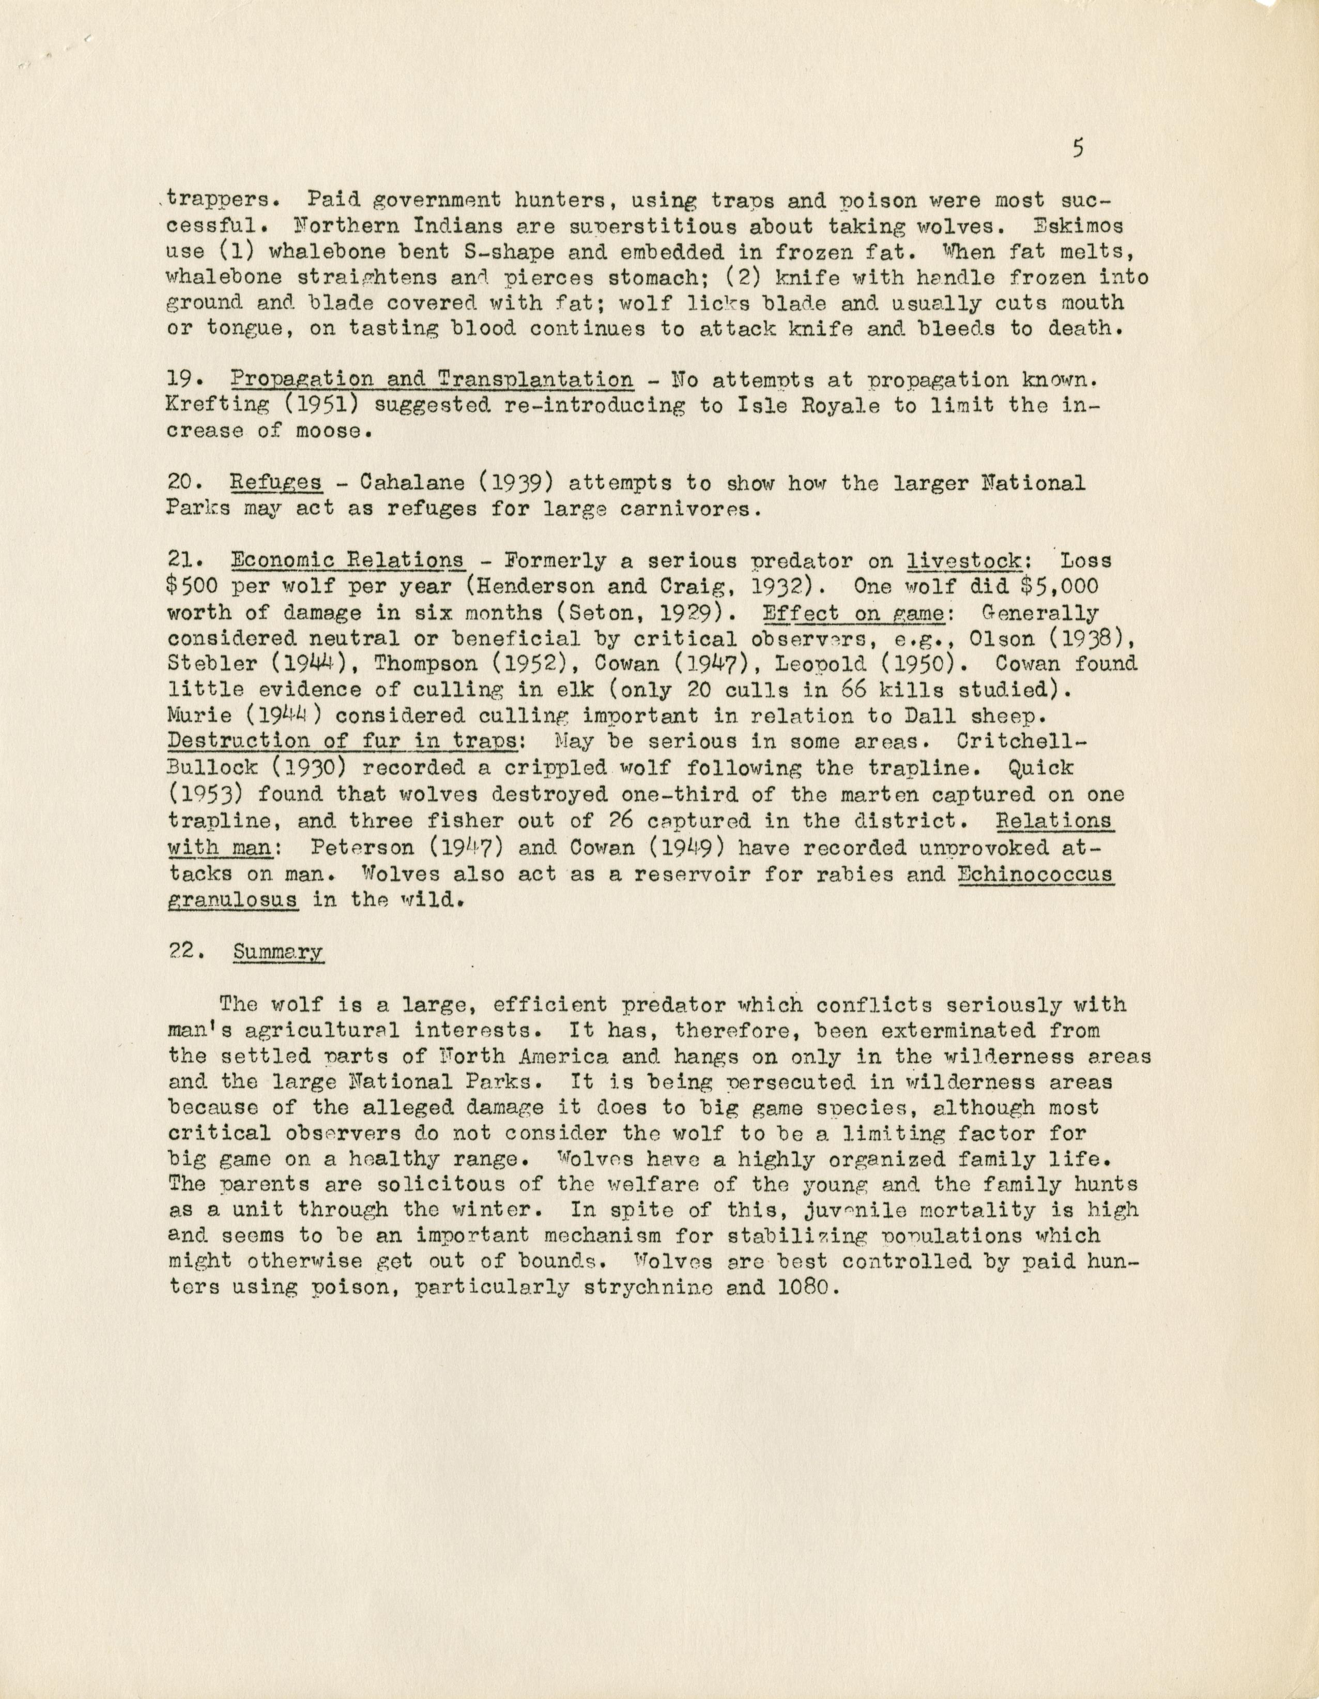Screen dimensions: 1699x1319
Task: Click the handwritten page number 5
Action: (x=1077, y=148)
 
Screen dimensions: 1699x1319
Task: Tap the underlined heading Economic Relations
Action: (x=348, y=560)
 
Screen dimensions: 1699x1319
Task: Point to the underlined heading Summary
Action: (x=277, y=952)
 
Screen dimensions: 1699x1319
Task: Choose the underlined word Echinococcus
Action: (x=1036, y=874)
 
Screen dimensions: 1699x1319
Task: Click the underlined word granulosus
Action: (x=233, y=900)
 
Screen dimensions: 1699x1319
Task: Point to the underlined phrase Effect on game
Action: (x=853, y=612)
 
